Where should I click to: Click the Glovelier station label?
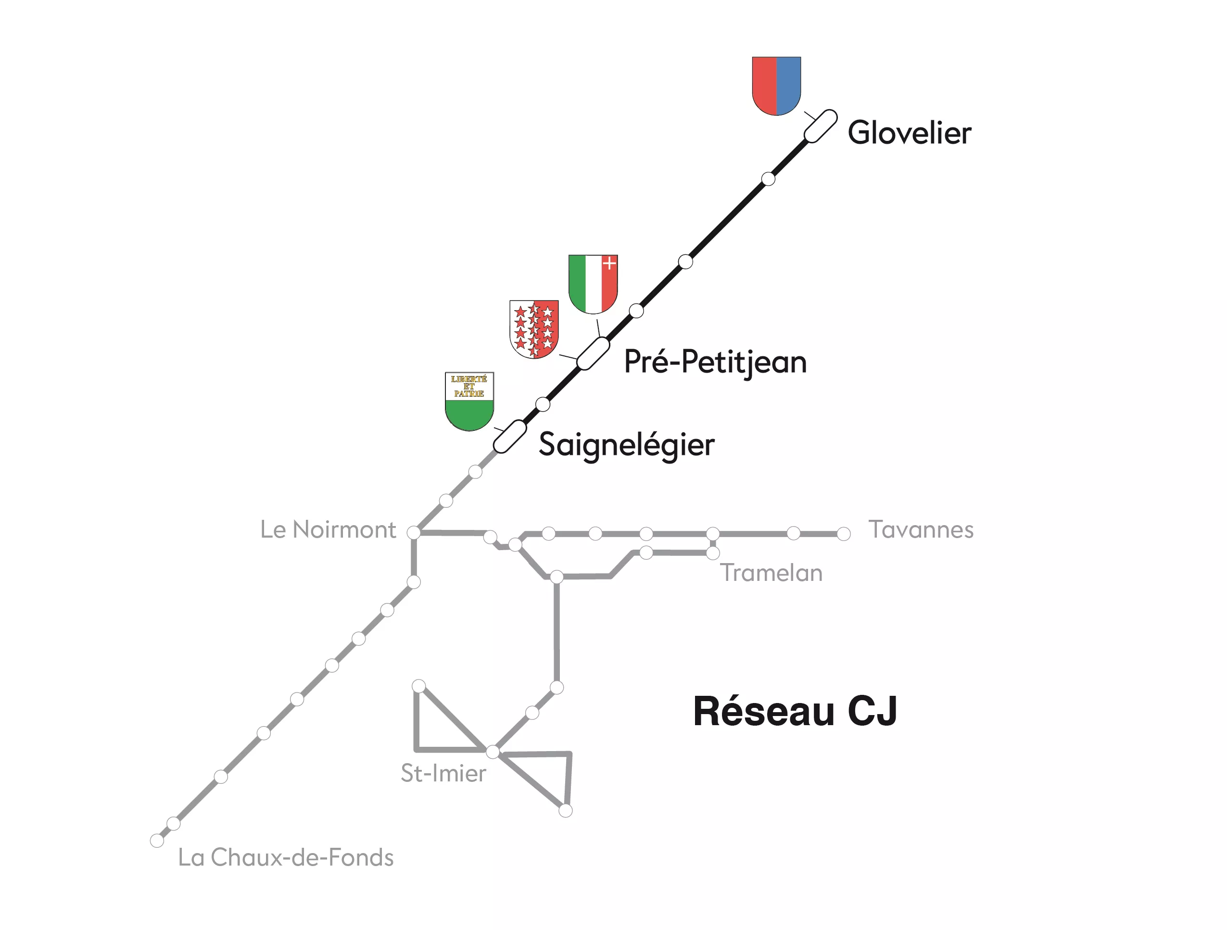[909, 133]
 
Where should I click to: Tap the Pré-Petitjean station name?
[715, 362]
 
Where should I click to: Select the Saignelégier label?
[626, 445]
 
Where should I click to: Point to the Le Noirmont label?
[328, 529]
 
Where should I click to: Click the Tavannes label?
[920, 529]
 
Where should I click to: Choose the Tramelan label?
[771, 573]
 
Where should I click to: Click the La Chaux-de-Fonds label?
[286, 857]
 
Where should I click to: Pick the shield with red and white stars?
[533, 329]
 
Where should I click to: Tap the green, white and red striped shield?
[593, 283]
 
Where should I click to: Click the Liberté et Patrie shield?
[469, 401]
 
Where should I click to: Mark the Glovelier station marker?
[821, 126]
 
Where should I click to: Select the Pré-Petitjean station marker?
[593, 353]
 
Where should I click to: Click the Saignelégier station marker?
[510, 437]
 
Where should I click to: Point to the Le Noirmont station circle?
[414, 532]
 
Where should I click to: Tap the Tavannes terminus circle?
[843, 534]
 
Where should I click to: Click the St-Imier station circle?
[493, 752]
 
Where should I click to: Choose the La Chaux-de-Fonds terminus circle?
[157, 841]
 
